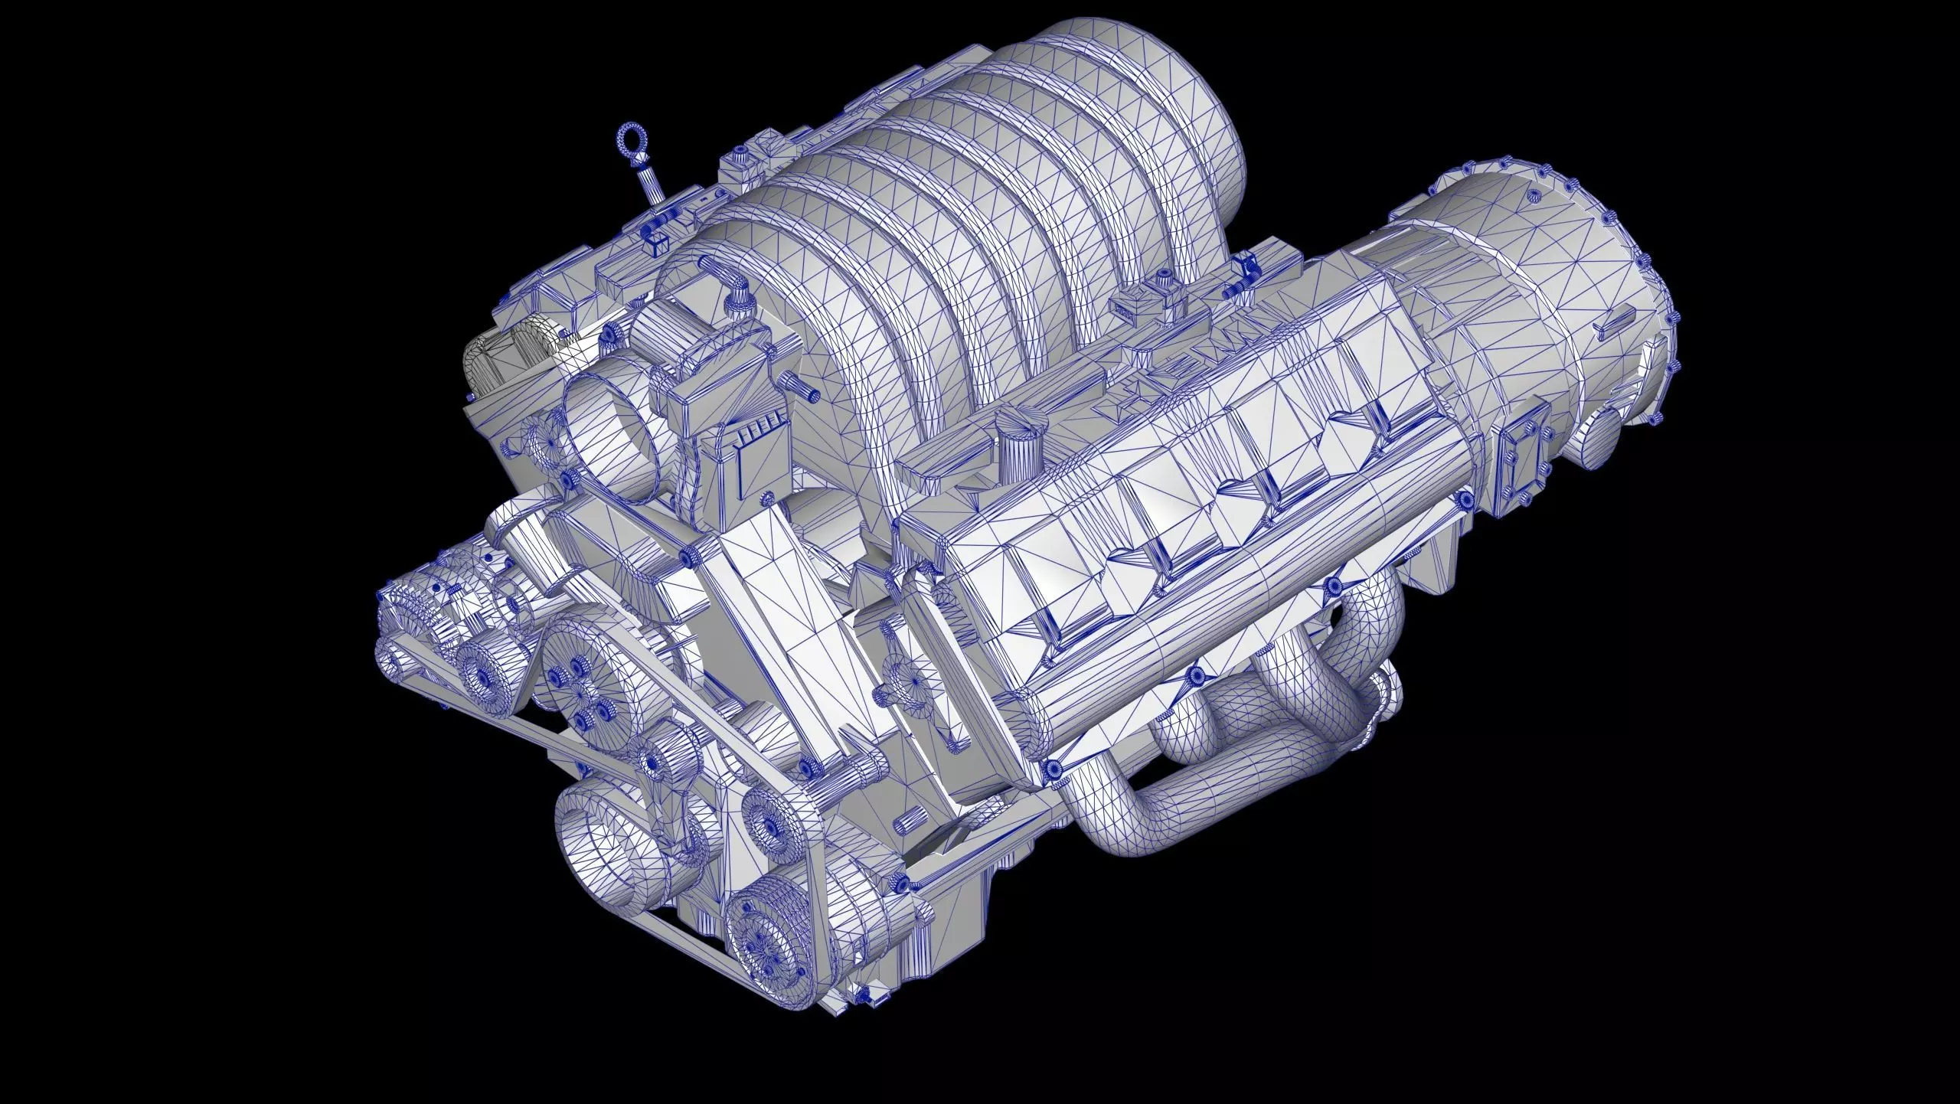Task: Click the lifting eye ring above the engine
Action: tap(633, 143)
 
